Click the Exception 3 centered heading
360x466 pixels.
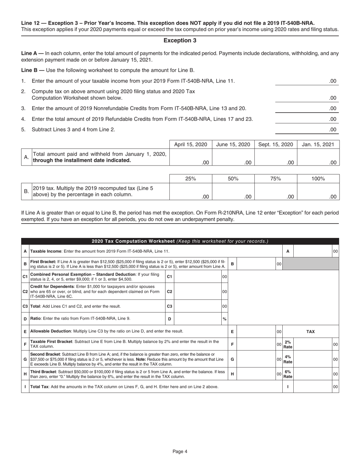click(x=180, y=41)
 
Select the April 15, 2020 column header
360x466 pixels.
click(x=191, y=144)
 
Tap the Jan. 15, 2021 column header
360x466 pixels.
click(x=318, y=144)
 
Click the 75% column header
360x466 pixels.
click(x=275, y=178)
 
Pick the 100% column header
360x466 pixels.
click(x=318, y=178)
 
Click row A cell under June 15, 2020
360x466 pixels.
click(x=233, y=157)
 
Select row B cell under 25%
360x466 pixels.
click(x=191, y=191)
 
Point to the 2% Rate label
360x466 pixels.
click(x=288, y=344)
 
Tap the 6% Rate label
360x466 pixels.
click(x=288, y=374)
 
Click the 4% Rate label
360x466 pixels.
click(x=288, y=359)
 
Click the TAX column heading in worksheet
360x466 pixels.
click(x=310, y=332)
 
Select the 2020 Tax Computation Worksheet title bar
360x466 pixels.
click(x=180, y=241)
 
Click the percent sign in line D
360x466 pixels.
click(x=224, y=319)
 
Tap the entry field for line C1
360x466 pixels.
click(x=197, y=277)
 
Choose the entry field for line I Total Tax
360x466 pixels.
click(x=313, y=387)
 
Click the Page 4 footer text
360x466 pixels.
click(x=180, y=451)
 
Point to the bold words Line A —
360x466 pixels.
click(x=32, y=53)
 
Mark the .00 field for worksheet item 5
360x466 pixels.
click(x=307, y=129)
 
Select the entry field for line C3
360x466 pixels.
click(x=197, y=306)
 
